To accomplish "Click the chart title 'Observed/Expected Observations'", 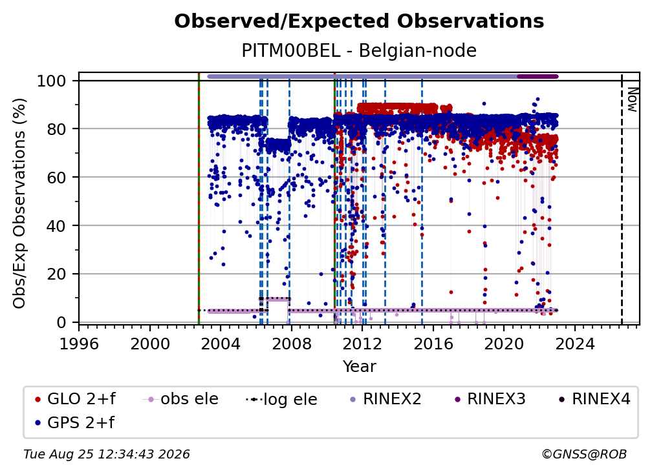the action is pos(359,21).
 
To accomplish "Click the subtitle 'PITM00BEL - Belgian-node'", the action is pos(359,50).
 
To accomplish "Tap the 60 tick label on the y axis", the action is pos(56,177).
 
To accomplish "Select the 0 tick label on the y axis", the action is pos(61,322).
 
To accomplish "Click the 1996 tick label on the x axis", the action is pos(79,344).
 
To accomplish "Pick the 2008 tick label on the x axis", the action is pos(292,344).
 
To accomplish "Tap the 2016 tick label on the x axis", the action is pos(433,344).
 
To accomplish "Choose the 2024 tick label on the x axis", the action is pos(574,344).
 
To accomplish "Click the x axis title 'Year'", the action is pos(359,367).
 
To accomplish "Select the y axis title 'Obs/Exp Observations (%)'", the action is pos(19,203).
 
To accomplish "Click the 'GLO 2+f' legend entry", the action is pos(75,399).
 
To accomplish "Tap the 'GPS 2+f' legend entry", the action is pos(75,423).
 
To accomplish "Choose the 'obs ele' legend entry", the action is pos(180,399).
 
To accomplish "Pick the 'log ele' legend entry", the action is pos(281,400).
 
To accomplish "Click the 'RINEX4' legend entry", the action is pos(595,399).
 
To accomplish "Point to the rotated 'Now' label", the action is pos(632,99).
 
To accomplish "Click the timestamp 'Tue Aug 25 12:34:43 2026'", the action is pos(107,455).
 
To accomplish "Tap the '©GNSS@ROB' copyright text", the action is pos(584,455).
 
